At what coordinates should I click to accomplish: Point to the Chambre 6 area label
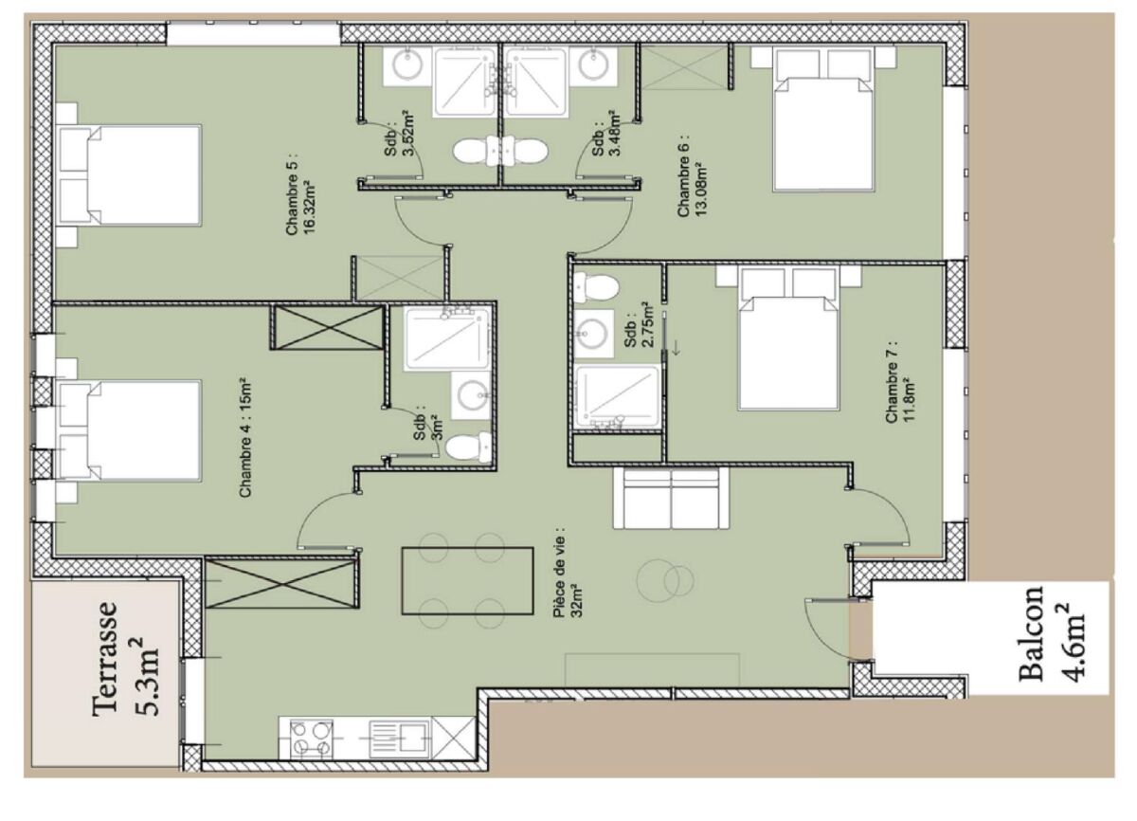click(x=692, y=175)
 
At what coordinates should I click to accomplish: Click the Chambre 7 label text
click(x=899, y=381)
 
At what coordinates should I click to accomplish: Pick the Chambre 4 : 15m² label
click(x=245, y=438)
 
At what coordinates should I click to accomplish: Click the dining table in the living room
click(x=467, y=580)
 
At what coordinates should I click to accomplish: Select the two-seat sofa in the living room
click(x=671, y=499)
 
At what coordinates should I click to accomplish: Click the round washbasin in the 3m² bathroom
click(x=472, y=394)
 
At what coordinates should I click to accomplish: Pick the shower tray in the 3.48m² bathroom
click(x=535, y=82)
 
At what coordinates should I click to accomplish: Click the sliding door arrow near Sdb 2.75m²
click(x=676, y=348)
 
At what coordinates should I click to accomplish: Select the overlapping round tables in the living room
click(x=665, y=580)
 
